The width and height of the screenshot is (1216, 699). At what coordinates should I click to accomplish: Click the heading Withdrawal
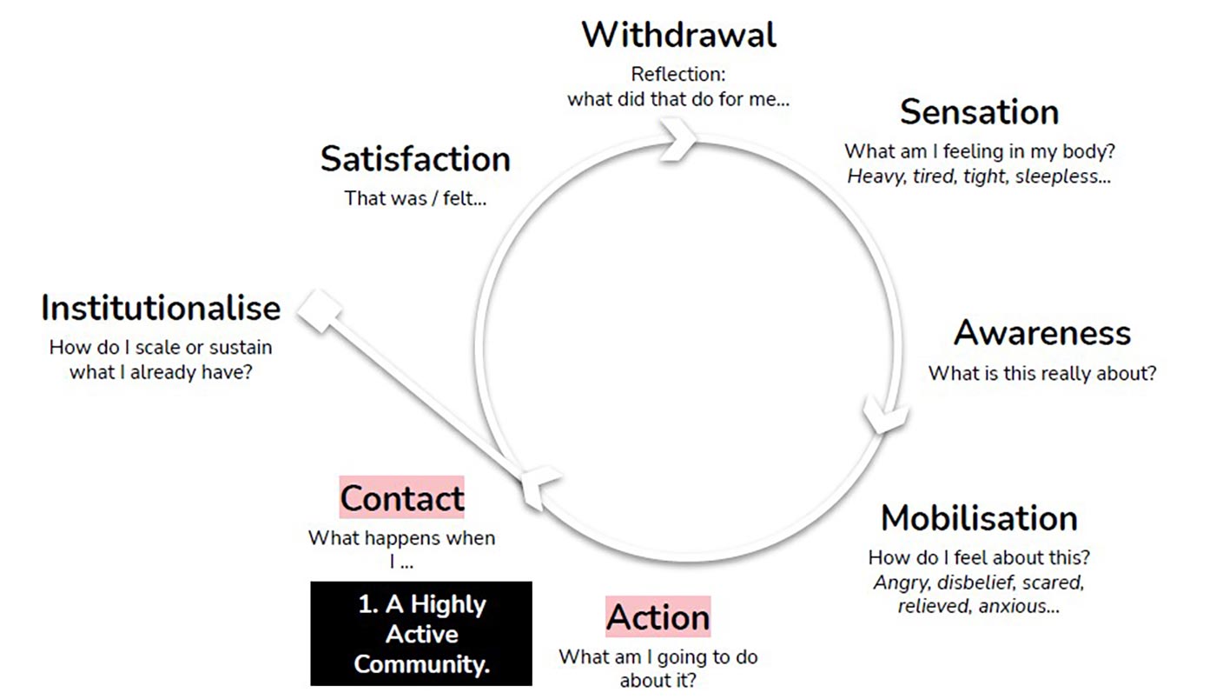tap(678, 35)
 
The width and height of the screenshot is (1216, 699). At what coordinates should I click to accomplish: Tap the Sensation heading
tap(979, 112)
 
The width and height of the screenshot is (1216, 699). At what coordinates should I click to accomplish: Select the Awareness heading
tap(1042, 333)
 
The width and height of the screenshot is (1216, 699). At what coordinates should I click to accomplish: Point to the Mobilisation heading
tap(979, 518)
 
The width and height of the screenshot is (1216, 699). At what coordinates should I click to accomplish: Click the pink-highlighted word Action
tap(658, 617)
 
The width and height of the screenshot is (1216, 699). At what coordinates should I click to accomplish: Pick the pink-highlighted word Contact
tap(401, 498)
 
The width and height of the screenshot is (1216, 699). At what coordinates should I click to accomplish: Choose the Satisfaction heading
tap(415, 159)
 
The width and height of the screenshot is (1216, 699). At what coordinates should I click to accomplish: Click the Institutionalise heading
tap(161, 308)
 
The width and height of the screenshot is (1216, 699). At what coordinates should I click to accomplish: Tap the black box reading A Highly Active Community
tap(421, 634)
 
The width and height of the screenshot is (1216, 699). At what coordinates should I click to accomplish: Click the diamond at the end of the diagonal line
tap(320, 310)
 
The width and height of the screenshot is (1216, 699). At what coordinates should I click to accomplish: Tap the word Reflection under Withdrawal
tap(678, 74)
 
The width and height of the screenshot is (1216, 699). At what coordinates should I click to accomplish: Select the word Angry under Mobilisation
tap(900, 582)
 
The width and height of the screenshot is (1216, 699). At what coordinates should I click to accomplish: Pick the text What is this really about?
tap(1042, 373)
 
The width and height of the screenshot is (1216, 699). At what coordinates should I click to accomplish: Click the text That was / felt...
tap(415, 197)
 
